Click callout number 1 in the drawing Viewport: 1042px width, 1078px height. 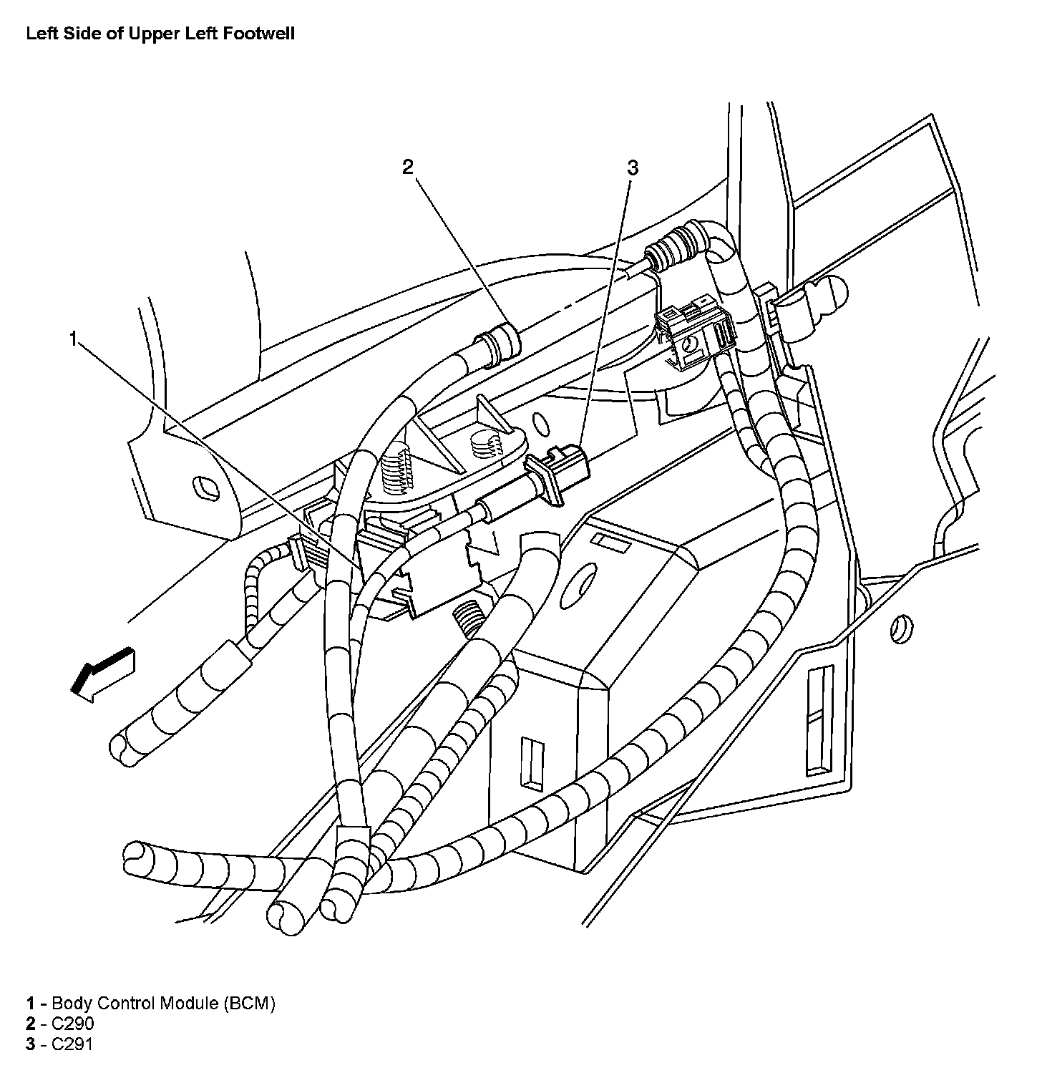click(x=73, y=339)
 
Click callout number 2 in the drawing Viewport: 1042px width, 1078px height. click(x=407, y=167)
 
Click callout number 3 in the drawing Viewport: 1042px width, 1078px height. click(x=632, y=168)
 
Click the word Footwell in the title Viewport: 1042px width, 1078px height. click(x=258, y=34)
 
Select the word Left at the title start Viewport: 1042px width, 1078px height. click(x=39, y=34)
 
